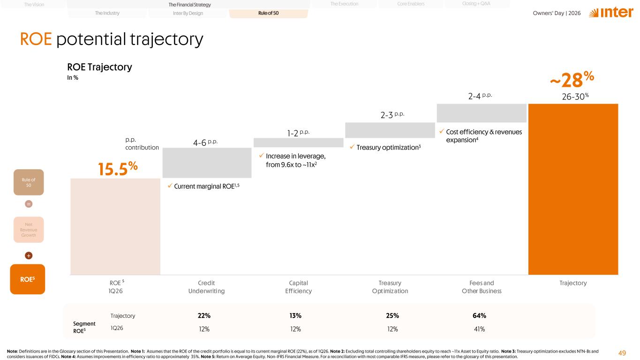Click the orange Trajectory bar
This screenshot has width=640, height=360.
point(573,189)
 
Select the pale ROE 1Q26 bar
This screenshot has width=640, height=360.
point(115,226)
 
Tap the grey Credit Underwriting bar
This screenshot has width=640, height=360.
point(207,163)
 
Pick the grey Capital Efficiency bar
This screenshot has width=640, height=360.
point(299,142)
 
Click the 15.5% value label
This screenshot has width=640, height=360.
point(118,169)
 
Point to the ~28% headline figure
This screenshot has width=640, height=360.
point(572,80)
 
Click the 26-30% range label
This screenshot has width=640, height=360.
point(575,97)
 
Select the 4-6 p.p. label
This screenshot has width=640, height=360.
point(205,142)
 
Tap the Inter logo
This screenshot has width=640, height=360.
point(611,13)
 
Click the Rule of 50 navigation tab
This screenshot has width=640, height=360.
point(268,13)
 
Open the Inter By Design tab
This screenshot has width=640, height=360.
point(188,13)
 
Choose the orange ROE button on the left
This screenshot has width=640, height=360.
point(27,279)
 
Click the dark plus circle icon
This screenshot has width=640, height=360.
point(29,255)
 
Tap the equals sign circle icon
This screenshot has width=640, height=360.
point(29,204)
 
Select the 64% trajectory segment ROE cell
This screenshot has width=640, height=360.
point(479,316)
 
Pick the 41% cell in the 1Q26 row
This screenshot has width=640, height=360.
point(479,329)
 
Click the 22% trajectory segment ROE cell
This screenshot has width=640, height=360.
point(204,316)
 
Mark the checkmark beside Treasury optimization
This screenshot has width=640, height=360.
point(352,147)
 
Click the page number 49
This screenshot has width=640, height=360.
point(622,353)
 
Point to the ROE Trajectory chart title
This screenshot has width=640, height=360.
point(99,67)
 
